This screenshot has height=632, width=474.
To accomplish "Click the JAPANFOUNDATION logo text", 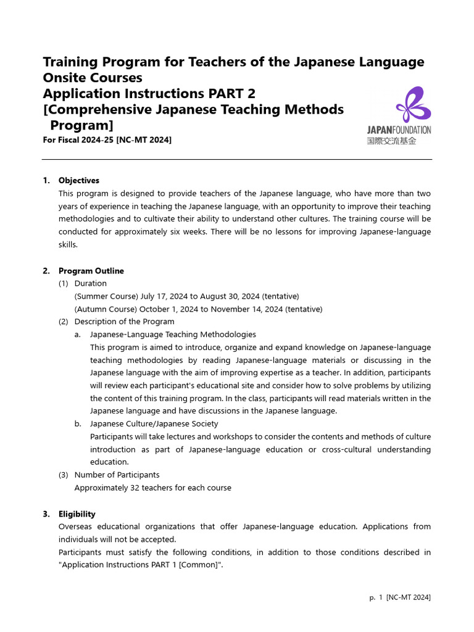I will (399, 130).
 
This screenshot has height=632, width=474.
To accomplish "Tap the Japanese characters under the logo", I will (391, 141).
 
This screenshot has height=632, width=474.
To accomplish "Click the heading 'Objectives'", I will (78, 181).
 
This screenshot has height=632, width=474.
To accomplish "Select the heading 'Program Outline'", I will (91, 271).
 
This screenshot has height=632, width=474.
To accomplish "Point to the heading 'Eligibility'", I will (77, 514).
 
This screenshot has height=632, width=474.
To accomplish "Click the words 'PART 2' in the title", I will (229, 93).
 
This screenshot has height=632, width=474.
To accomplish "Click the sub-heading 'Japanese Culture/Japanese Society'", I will (154, 424).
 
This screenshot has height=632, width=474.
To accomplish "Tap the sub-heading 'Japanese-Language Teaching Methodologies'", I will (173, 335).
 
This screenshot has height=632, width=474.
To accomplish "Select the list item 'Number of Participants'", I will (117, 475).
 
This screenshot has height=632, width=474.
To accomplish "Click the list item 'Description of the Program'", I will (124, 322).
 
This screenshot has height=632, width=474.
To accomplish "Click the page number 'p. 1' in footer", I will (375, 597).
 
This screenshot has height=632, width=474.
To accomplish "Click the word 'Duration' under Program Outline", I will (90, 283).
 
